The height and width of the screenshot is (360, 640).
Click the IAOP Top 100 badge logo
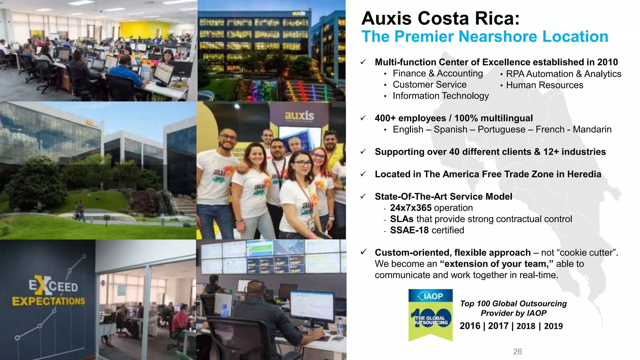coord(430,315)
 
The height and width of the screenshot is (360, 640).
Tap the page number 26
coord(517,352)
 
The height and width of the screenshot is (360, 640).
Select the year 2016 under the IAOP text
coord(470,326)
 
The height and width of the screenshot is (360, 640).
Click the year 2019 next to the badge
coord(553,326)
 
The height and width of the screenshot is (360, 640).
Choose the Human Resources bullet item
coord(544,85)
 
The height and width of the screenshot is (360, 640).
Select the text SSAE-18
coord(409,230)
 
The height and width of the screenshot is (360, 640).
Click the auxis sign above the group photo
coord(299,116)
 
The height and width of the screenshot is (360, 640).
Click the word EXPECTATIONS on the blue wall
coord(48,301)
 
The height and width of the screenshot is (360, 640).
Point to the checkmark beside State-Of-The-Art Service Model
coord(363,197)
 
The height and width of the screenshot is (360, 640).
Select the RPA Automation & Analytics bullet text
coord(563,74)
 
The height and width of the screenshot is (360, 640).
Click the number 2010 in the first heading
coord(607,62)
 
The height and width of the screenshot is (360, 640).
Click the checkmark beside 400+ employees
coord(363,118)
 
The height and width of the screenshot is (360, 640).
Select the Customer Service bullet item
coord(429,85)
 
